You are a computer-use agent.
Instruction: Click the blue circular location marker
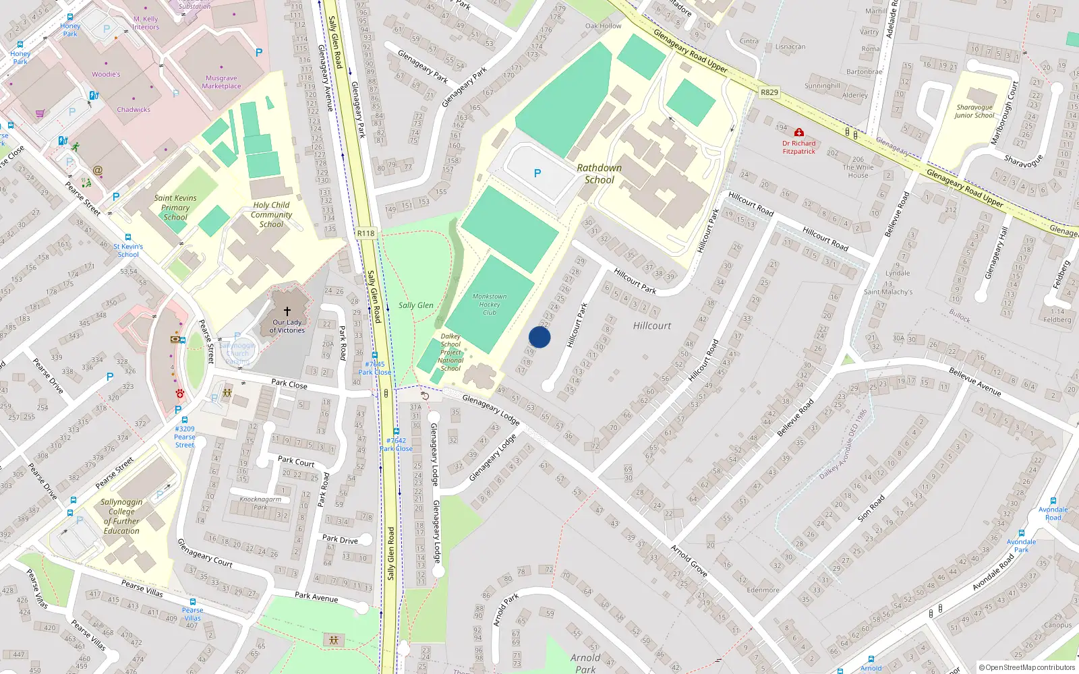coord(539,337)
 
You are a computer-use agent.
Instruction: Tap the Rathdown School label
coord(599,174)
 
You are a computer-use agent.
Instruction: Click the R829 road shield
coord(769,92)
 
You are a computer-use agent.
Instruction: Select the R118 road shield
coord(366,233)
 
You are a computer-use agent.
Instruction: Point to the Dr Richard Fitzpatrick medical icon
coord(799,133)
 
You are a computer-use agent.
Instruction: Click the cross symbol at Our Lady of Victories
coord(287,311)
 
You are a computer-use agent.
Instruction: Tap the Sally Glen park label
coord(415,305)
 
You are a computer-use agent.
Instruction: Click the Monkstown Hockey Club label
coord(489,304)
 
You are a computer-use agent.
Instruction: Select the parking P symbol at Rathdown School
coord(537,173)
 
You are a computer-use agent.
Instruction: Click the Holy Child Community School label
coord(271,214)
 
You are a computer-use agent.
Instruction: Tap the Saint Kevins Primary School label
coord(175,208)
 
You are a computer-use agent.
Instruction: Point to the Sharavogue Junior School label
coord(974,111)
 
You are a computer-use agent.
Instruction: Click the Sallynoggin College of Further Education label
coord(121,516)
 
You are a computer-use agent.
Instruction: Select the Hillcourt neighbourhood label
coord(651,326)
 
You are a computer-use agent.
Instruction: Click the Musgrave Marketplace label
coord(221,82)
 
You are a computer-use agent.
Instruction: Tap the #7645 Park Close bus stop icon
coord(374,355)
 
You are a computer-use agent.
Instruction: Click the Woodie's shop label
coord(106,74)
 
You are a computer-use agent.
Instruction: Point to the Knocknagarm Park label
coord(260,503)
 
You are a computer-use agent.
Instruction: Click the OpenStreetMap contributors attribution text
coord(1026,667)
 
